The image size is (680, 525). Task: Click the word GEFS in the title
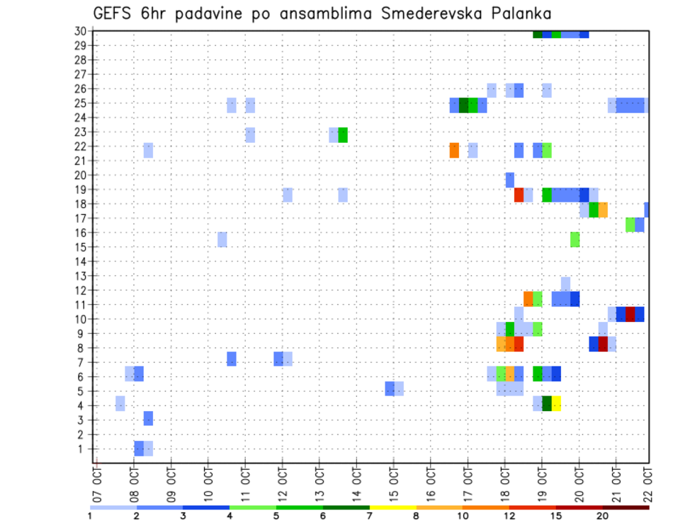[113, 13]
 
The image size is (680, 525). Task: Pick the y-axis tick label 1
[83, 449]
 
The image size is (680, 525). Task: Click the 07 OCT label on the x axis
[97, 481]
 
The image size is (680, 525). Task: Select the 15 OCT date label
[394, 481]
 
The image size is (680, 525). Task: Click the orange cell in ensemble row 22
[454, 150]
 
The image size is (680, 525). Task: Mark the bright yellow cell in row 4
[557, 403]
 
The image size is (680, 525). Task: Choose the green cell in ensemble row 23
[343, 134]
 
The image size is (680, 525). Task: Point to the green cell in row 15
[575, 239]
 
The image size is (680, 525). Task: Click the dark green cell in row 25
[464, 105]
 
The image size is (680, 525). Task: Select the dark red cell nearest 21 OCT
[630, 314]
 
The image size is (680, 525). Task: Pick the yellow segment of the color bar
[393, 507]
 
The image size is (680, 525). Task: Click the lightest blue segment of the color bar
[113, 507]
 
